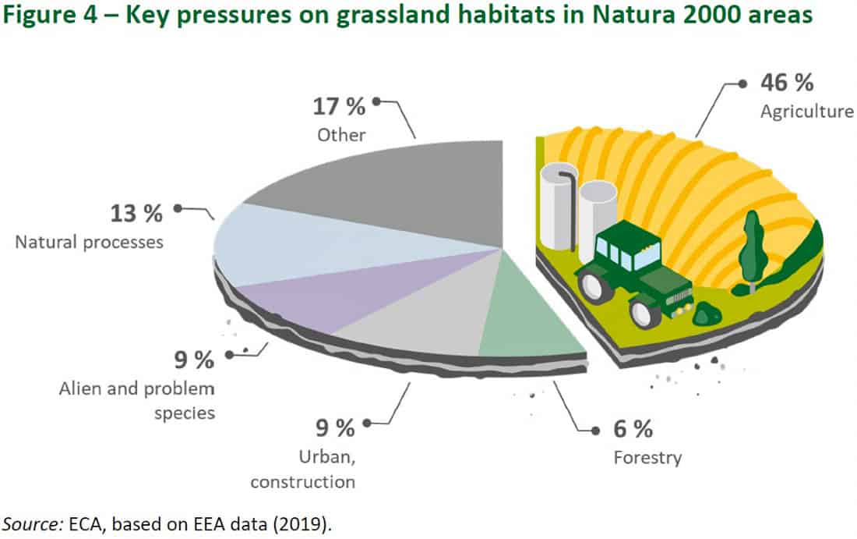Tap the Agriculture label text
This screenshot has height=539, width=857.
tap(806, 112)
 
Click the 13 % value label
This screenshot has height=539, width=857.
tap(137, 212)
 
